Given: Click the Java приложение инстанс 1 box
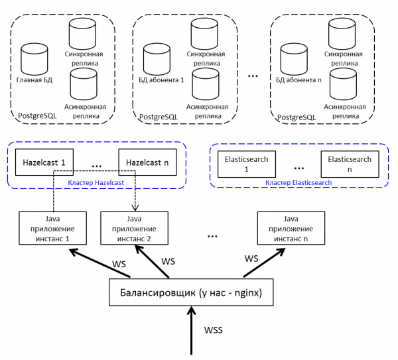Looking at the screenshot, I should pos(52,227).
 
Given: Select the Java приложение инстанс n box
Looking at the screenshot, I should pos(291,227).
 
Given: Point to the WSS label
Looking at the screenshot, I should pos(214,330).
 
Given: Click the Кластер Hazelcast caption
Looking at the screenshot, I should pos(95,182).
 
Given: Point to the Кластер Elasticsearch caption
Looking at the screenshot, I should pos(298,182).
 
